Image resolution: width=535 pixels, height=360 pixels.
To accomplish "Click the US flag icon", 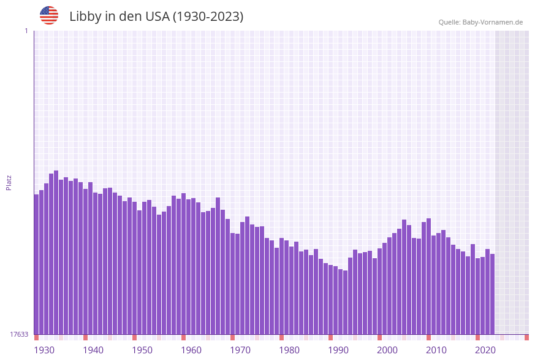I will (49, 15).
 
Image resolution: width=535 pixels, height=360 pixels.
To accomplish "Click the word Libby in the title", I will (84, 17).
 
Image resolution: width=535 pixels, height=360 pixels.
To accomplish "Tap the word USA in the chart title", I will (156, 17).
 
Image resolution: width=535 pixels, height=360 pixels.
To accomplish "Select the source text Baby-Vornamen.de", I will (492, 22).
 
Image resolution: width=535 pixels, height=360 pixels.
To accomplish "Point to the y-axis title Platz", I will (9, 182).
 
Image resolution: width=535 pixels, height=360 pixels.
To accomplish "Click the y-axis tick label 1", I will (26, 31).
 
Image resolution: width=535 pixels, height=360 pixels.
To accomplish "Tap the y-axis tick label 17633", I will (18, 334).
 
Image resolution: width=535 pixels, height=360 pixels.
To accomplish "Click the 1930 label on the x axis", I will (44, 350).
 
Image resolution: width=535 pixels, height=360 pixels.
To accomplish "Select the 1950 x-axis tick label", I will (142, 350).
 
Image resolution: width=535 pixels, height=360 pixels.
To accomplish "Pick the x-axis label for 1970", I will (240, 350).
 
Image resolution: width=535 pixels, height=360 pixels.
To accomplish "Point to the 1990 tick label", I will (338, 350).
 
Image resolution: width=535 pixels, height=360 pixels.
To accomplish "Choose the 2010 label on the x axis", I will (436, 350).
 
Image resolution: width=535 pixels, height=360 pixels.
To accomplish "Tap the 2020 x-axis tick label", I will (485, 350).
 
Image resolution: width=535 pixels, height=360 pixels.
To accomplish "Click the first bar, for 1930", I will (36, 264).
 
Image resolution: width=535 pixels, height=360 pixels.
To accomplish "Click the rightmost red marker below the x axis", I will (526, 337).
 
